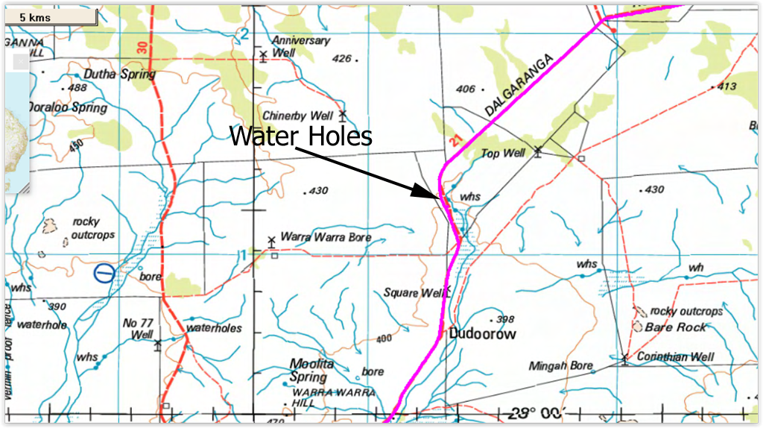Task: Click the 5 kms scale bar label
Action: pyautogui.click(x=35, y=16)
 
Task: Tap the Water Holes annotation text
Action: pyautogui.click(x=300, y=136)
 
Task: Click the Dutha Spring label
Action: pyautogui.click(x=119, y=74)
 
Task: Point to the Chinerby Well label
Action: pyautogui.click(x=297, y=116)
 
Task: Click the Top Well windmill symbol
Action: pyautogui.click(x=538, y=152)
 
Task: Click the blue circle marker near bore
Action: pyautogui.click(x=104, y=273)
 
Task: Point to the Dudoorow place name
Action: pyautogui.click(x=483, y=334)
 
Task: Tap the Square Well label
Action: pyautogui.click(x=413, y=292)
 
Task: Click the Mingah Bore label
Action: pyautogui.click(x=560, y=366)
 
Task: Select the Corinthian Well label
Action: pyautogui.click(x=675, y=356)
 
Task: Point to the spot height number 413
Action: pyautogui.click(x=726, y=86)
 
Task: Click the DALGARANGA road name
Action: pyautogui.click(x=520, y=84)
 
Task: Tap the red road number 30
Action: pyautogui.click(x=142, y=48)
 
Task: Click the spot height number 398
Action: pyautogui.click(x=504, y=319)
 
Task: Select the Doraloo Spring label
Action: pyautogui.click(x=68, y=107)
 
